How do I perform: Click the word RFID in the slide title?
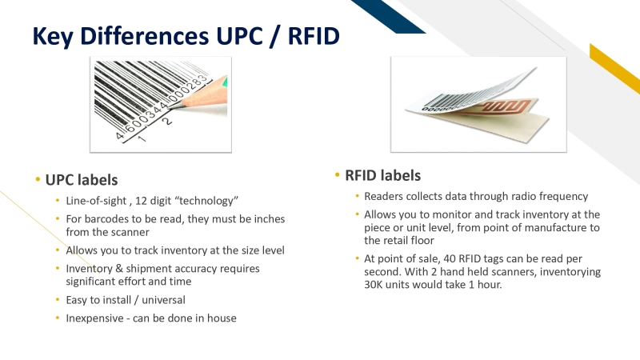tap(310, 36)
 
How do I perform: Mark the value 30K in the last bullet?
tap(373, 284)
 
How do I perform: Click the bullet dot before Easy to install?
tap(57, 300)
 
